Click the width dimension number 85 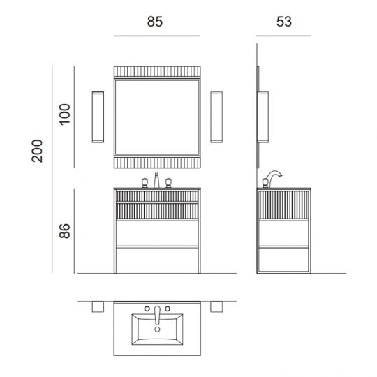pos(155,22)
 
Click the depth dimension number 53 pos(283,22)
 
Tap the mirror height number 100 pos(66,114)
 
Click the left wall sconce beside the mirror pos(97,117)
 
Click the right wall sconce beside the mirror pos(216,117)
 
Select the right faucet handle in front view pos(168,183)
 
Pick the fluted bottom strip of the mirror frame pos(156,162)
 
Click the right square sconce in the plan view pos(216,307)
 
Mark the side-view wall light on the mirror pos(265,117)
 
